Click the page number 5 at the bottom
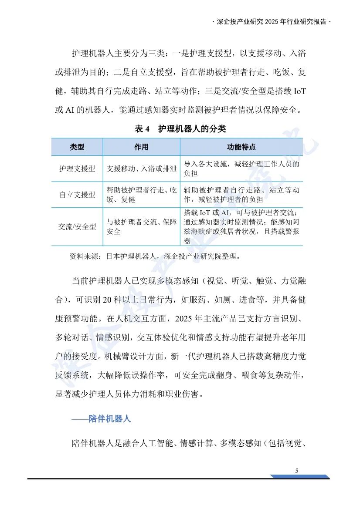[x=297, y=471]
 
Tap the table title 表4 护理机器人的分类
[x=180, y=129]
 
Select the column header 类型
[x=77, y=147]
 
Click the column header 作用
[x=141, y=147]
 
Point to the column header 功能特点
[x=241, y=147]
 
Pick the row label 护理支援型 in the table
[x=77, y=169]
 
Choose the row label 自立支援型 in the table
[x=77, y=195]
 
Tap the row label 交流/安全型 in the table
[x=77, y=227]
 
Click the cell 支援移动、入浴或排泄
[x=142, y=169]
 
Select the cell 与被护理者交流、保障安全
[x=142, y=227]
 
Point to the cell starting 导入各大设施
[x=241, y=169]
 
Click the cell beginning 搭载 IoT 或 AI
[x=241, y=226]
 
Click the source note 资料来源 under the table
[x=155, y=256]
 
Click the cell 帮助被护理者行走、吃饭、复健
[x=142, y=195]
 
